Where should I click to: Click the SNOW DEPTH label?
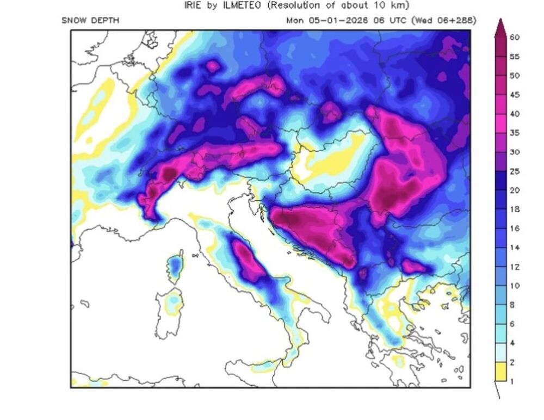coord(90,21)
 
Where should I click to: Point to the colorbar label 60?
coord(515,37)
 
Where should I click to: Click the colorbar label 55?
coord(515,57)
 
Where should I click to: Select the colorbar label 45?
coord(515,95)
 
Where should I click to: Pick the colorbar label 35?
coord(515,133)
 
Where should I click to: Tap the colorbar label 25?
coord(515,171)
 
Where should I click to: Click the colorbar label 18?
coord(515,209)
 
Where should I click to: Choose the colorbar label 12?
coord(515,267)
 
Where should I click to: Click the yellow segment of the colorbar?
coord(500,372)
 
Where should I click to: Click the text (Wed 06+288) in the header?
coord(444,21)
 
